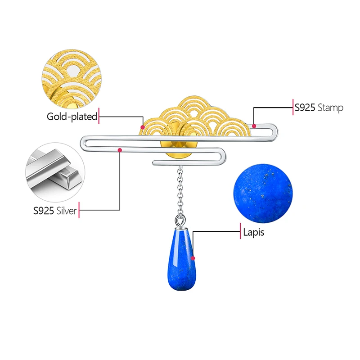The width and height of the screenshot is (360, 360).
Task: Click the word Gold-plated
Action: [x=72, y=117]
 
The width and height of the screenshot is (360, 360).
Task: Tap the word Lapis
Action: [x=253, y=233]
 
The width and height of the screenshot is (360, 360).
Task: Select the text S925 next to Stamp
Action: [x=306, y=108]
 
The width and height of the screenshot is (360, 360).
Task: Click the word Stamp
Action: [x=331, y=108]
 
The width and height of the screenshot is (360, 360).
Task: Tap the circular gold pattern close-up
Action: [x=72, y=74]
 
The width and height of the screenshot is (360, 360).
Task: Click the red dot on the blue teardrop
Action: [x=193, y=258]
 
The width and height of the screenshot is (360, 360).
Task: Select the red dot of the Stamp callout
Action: [x=254, y=126]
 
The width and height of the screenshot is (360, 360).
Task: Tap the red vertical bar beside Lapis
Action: [x=240, y=232]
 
